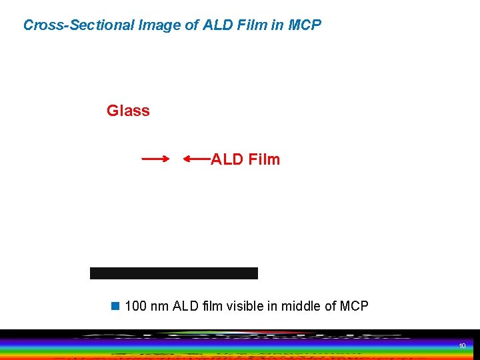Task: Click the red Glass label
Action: (128, 111)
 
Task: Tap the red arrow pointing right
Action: (155, 159)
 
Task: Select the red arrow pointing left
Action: (197, 159)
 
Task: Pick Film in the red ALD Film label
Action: (263, 159)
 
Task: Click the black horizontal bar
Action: (174, 273)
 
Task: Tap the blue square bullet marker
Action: (115, 306)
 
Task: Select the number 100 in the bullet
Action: (135, 306)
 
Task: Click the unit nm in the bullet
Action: (160, 306)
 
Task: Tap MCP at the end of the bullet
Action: (354, 306)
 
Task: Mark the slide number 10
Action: (462, 345)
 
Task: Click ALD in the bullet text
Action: (185, 306)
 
